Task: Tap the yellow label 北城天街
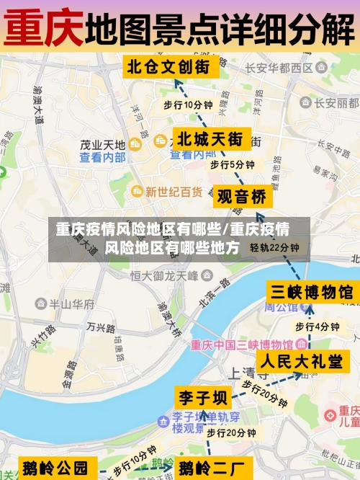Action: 210,138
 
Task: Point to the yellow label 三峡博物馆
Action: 311,292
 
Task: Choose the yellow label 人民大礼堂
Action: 301,361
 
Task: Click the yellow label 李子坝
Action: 203,397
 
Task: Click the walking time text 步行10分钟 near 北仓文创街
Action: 188,105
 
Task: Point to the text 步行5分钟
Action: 232,165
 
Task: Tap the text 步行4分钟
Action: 317,326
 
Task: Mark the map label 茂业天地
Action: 102,145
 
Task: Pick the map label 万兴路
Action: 101,326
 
